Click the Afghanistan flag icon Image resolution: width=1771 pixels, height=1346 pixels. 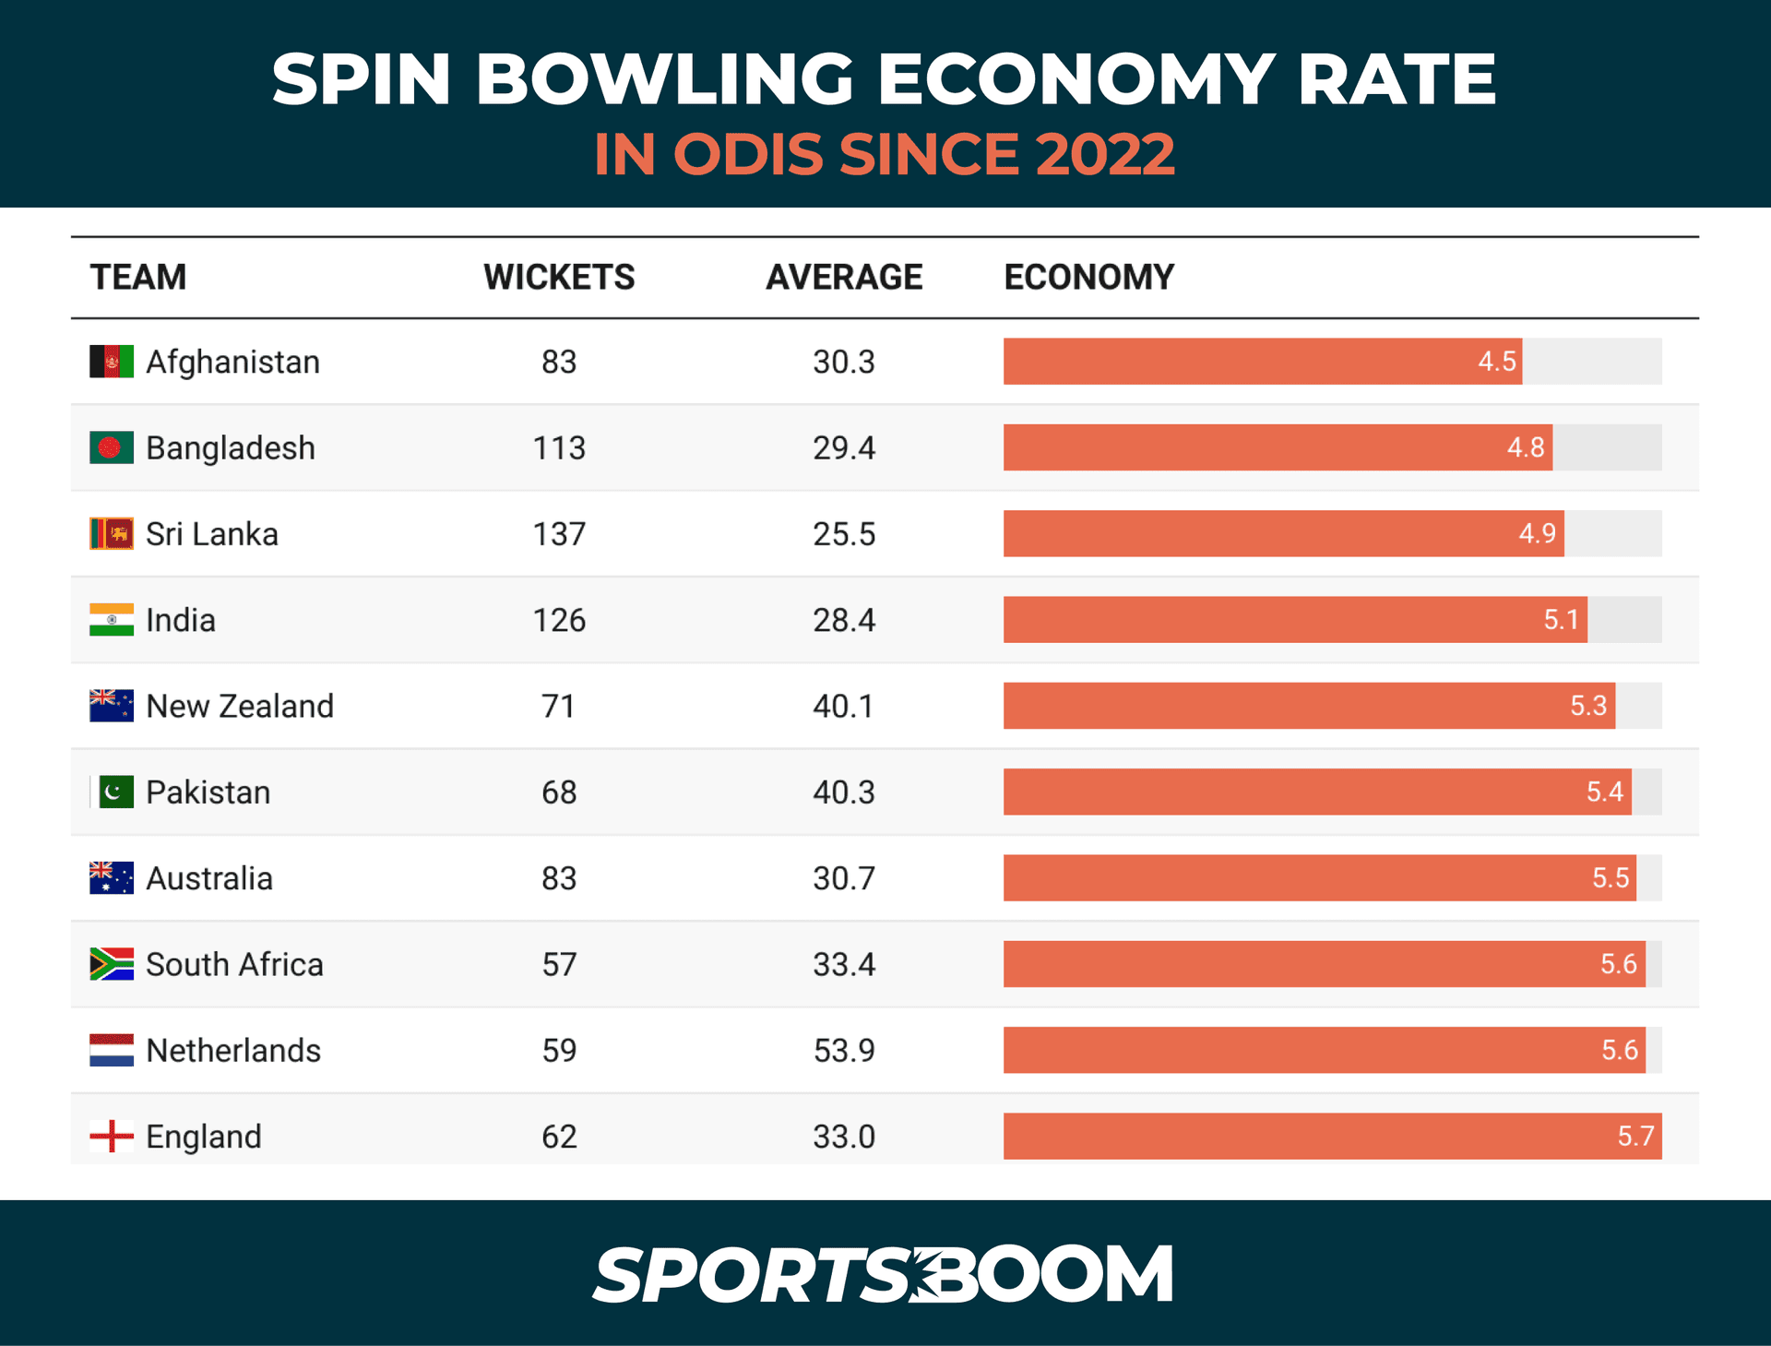(112, 362)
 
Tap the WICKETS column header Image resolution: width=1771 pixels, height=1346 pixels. (559, 278)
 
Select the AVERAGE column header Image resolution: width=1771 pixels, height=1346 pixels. (843, 278)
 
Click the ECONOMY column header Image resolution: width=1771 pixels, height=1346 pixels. (1088, 278)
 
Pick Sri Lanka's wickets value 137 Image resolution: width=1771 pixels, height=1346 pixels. (559, 534)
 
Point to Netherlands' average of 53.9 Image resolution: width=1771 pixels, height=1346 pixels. (843, 1051)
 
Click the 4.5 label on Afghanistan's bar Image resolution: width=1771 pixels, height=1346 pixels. (1496, 362)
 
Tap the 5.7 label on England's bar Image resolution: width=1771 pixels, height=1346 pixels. (1635, 1137)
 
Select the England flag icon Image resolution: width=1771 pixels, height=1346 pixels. (112, 1137)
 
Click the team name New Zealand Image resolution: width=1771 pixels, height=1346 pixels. (240, 707)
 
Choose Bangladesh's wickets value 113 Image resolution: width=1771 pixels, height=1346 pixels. (559, 448)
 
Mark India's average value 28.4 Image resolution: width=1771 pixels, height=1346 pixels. (843, 620)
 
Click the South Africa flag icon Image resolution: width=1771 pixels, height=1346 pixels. (112, 964)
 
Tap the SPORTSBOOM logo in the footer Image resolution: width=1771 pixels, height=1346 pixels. (883, 1275)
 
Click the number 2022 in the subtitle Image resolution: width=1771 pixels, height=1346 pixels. (1104, 154)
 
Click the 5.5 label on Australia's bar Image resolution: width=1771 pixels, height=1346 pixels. (1611, 878)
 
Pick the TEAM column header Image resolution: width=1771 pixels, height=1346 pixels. (138, 278)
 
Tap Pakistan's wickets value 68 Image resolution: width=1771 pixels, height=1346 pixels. (559, 792)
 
